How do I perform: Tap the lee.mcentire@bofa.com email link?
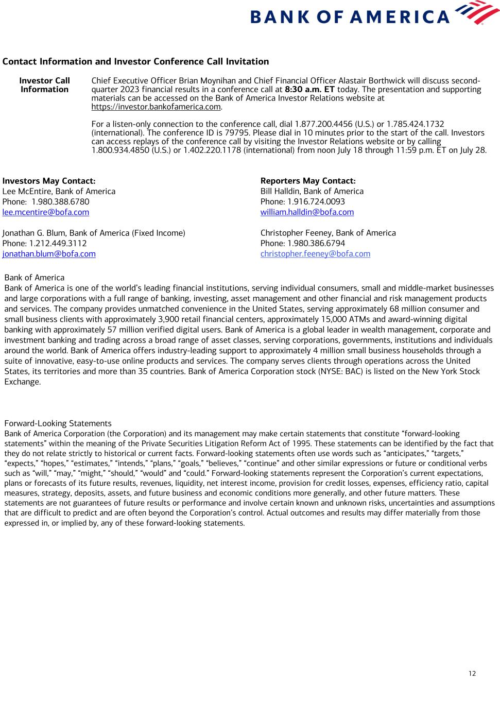(x=46, y=212)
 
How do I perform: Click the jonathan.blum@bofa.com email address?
(x=49, y=254)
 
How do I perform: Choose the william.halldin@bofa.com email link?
(x=307, y=212)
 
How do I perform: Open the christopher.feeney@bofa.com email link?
(x=315, y=254)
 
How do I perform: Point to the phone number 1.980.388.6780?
(x=60, y=202)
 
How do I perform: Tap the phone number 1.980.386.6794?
(x=316, y=244)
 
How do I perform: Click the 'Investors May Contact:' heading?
(x=49, y=181)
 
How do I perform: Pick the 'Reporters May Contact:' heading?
(x=308, y=181)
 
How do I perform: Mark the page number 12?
(x=472, y=674)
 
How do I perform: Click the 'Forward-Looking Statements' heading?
(x=58, y=423)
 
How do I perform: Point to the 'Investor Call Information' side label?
(x=44, y=85)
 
